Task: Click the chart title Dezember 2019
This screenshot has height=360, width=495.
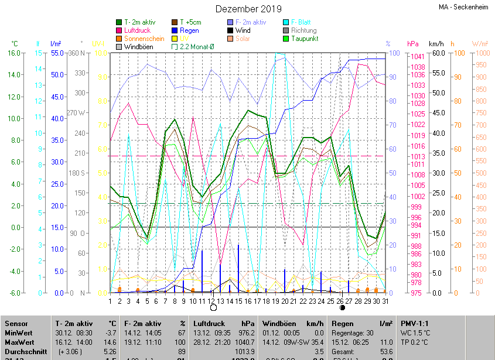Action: pyautogui.click(x=248, y=9)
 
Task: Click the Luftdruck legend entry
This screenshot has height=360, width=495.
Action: pyautogui.click(x=138, y=30)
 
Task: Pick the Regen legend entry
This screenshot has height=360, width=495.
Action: pyautogui.click(x=189, y=30)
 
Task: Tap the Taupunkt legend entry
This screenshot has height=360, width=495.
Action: pyautogui.click(x=305, y=39)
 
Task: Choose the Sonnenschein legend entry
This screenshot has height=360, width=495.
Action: pyautogui.click(x=144, y=39)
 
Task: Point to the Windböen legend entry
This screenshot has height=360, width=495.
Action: pyautogui.click(x=139, y=47)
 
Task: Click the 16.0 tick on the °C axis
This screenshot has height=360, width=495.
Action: pyautogui.click(x=13, y=53)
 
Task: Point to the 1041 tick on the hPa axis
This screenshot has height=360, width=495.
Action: pyautogui.click(x=418, y=57)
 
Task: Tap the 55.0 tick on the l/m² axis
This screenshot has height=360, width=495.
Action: pyautogui.click(x=57, y=53)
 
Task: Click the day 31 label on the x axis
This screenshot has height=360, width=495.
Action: pyautogui.click(x=385, y=301)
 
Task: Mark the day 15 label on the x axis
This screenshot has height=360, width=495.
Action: pyautogui.click(x=238, y=301)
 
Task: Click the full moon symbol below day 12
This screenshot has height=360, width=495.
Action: pyautogui.click(x=213, y=307)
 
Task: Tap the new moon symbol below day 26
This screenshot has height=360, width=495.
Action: pyautogui.click(x=342, y=307)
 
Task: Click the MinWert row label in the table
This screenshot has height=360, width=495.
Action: pyautogui.click(x=19, y=332)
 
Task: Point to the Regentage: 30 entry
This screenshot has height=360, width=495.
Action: pyautogui.click(x=353, y=332)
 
